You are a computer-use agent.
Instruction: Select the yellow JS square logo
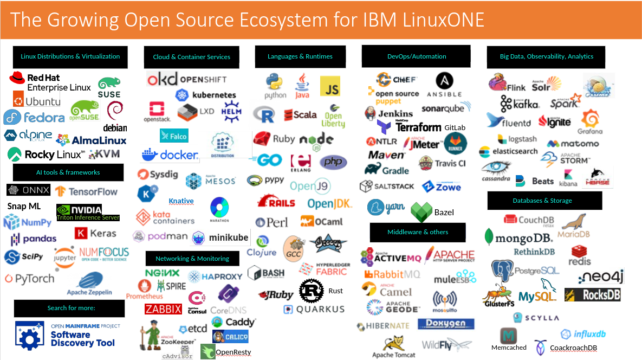pyautogui.click(x=330, y=86)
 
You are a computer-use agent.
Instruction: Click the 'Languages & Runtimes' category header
pyautogui.click(x=300, y=56)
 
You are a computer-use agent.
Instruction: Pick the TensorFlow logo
pyautogui.click(x=86, y=191)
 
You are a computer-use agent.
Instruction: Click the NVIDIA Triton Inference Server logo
pyautogui.click(x=87, y=213)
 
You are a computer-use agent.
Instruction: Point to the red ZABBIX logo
pyautogui.click(x=163, y=309)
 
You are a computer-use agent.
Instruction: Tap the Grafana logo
pyautogui.click(x=590, y=122)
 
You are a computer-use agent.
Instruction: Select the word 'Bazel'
pyautogui.click(x=444, y=212)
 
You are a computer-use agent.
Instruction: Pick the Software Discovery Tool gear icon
pyautogui.click(x=30, y=336)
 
